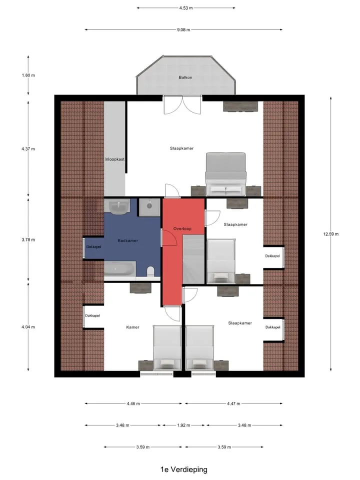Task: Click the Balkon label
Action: [185, 77]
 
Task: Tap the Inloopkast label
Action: [114, 159]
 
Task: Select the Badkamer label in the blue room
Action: [127, 240]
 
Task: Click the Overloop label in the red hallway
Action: [182, 228]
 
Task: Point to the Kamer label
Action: [132, 327]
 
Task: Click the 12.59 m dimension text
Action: [331, 234]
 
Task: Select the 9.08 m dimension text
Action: [183, 29]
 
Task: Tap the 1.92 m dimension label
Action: [183, 425]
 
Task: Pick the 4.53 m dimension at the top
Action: [186, 8]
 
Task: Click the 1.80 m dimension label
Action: [28, 75]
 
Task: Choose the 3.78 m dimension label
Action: [28, 239]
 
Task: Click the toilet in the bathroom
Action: [150, 272]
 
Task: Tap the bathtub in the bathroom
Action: [119, 269]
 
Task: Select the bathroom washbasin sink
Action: [119, 207]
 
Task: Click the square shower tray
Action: [149, 207]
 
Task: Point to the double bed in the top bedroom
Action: [226, 174]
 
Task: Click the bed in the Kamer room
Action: [167, 348]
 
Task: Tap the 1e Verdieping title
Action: [183, 469]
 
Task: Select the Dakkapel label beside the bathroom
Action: [93, 246]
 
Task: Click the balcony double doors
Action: [182, 105]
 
